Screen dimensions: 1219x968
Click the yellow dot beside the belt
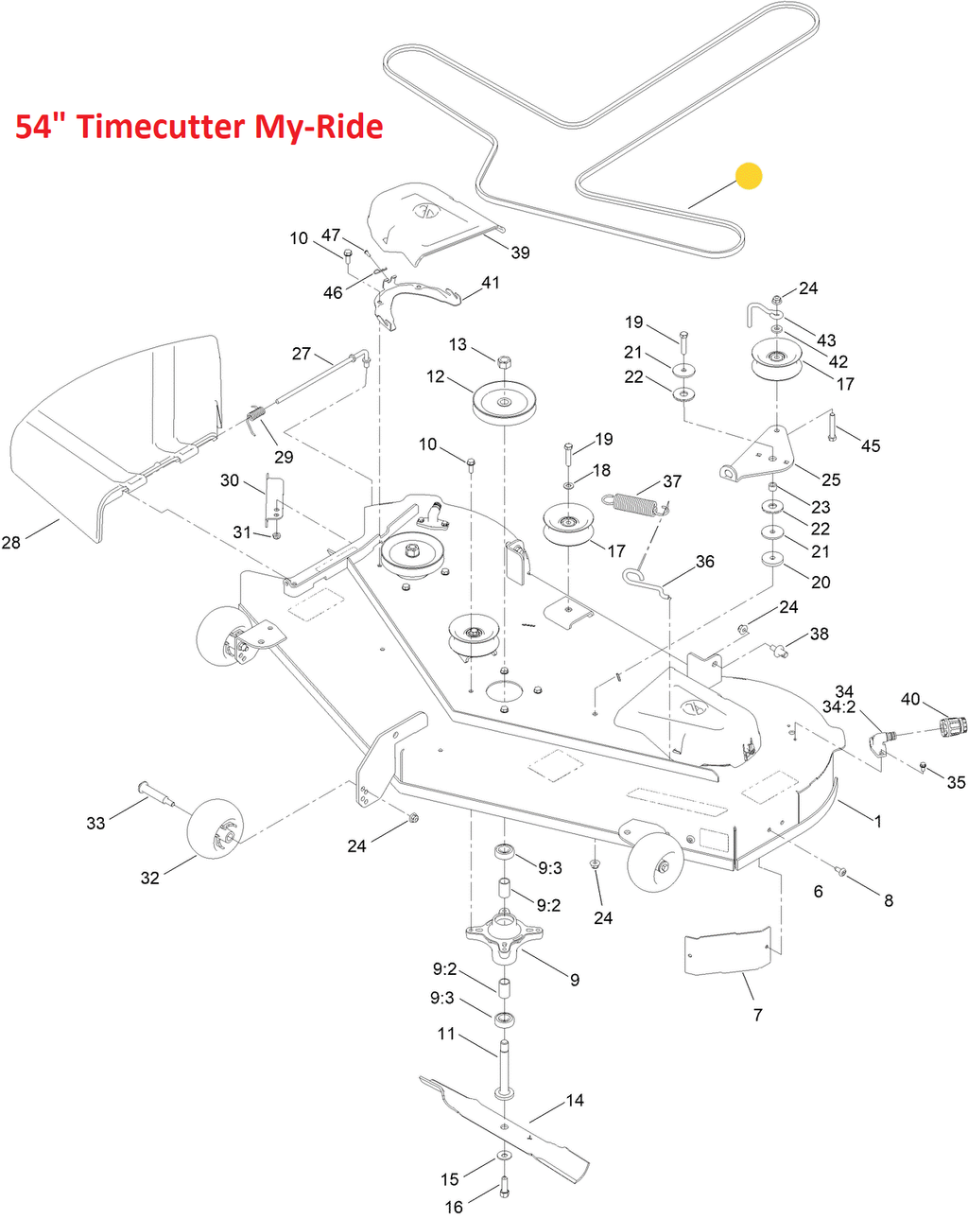(749, 176)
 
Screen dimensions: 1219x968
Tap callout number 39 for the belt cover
(520, 253)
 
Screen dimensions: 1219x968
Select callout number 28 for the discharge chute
(11, 542)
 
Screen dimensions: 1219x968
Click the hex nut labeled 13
(504, 361)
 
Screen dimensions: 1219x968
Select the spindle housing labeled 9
(504, 933)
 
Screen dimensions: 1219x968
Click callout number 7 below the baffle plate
(757, 1015)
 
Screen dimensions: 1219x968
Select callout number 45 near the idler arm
(871, 445)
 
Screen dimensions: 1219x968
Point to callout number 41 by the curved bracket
(491, 283)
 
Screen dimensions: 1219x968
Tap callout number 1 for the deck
(878, 821)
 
